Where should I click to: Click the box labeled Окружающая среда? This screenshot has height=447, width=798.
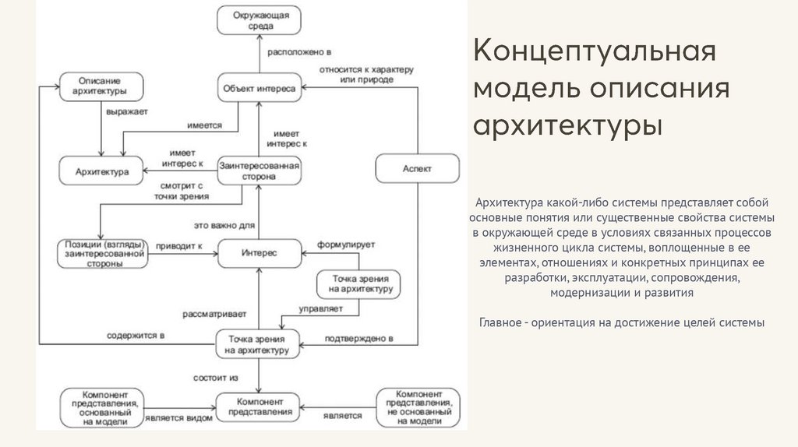click(x=259, y=20)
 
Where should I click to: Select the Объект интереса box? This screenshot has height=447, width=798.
click(x=259, y=89)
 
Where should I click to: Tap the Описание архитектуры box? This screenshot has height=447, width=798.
click(x=100, y=85)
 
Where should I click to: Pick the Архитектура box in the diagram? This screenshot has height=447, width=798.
click(x=102, y=171)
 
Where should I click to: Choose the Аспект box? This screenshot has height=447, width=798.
click(x=417, y=169)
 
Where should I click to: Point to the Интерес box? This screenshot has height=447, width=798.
click(x=259, y=253)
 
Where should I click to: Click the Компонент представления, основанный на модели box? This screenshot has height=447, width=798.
click(x=101, y=407)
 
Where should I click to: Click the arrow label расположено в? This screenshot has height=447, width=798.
click(x=299, y=52)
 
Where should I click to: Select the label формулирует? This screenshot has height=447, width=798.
click(x=346, y=244)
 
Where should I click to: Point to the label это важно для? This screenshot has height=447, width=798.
click(x=225, y=226)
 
